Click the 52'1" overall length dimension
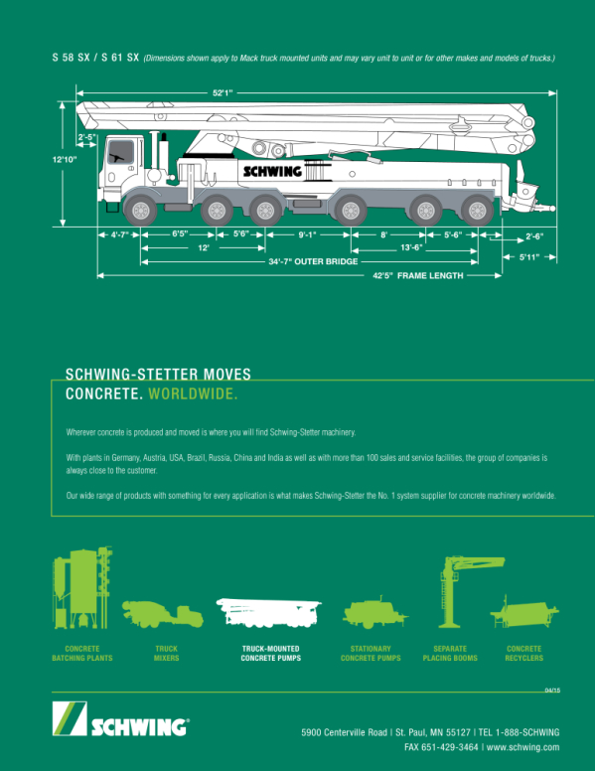tap(223, 93)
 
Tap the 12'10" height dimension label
tap(65, 159)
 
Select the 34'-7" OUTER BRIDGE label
tap(313, 261)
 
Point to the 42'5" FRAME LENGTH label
tap(417, 276)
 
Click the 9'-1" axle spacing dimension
tap(307, 234)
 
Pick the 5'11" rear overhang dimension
tap(529, 256)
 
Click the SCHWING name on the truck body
tap(272, 171)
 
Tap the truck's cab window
tap(121, 152)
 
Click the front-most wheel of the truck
tap(141, 211)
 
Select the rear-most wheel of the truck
tap(477, 211)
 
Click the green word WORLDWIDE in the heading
tap(194, 393)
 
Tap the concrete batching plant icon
tap(82, 587)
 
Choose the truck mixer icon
tap(163, 614)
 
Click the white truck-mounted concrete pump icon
tap(268, 613)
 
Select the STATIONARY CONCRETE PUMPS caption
tap(371, 654)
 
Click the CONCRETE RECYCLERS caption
tap(524, 654)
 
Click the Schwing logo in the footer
tap(121, 719)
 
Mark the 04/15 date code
tap(552, 691)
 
